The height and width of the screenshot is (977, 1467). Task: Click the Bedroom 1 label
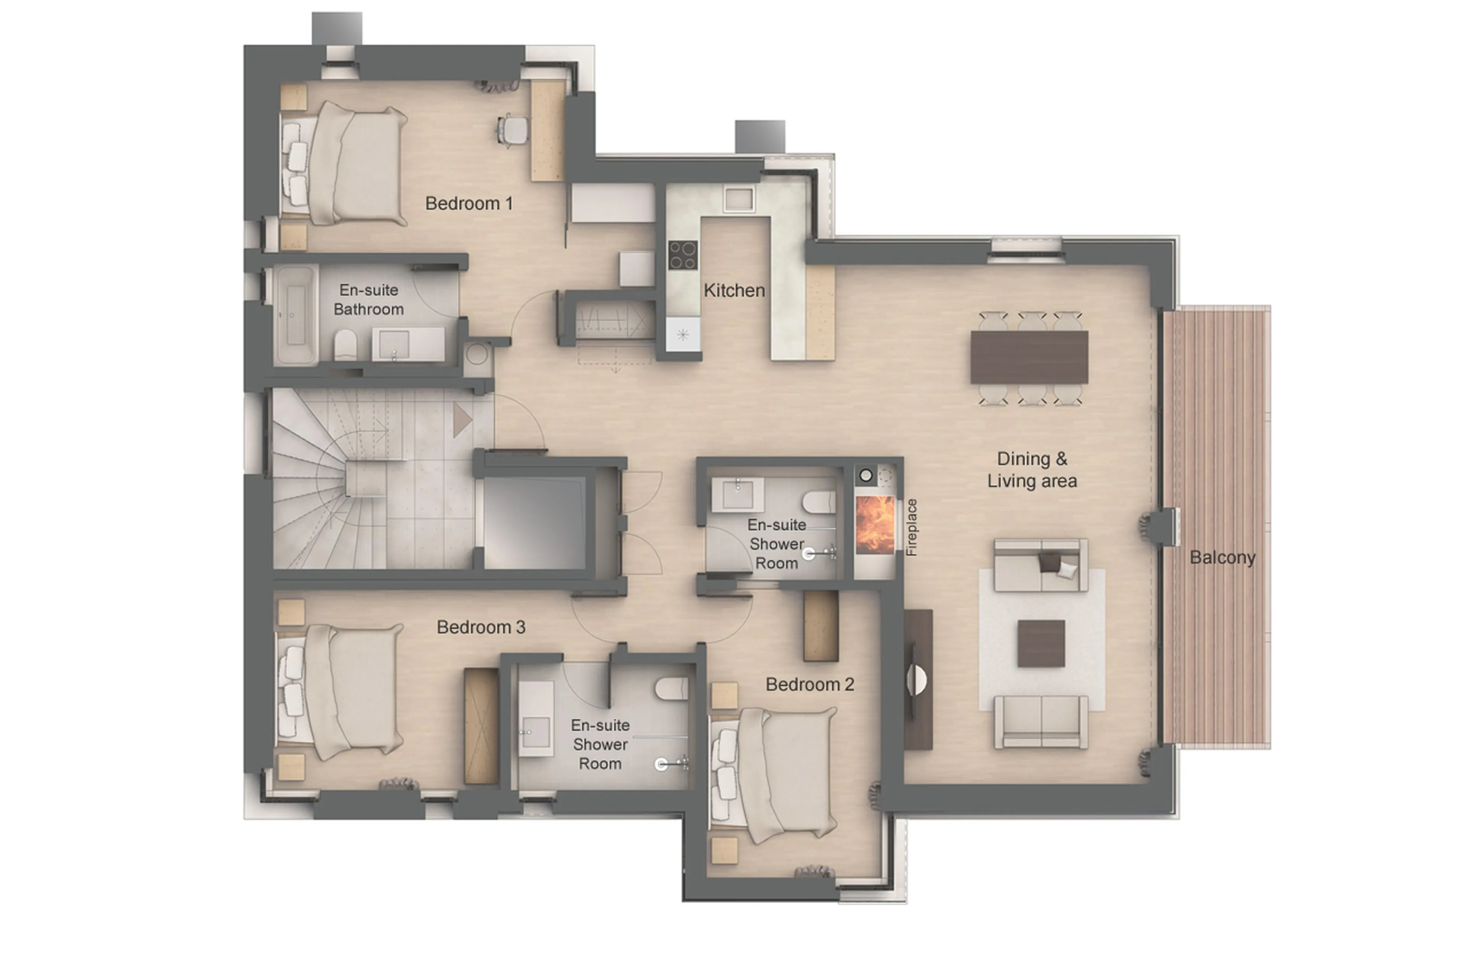click(x=468, y=203)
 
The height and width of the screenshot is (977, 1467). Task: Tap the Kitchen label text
click(x=734, y=291)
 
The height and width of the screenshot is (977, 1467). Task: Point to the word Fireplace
click(x=912, y=527)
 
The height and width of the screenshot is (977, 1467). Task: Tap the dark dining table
click(x=1029, y=357)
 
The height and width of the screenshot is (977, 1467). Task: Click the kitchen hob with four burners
click(x=682, y=255)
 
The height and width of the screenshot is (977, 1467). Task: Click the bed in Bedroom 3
click(x=352, y=692)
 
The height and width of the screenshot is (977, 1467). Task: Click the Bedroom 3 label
click(x=481, y=627)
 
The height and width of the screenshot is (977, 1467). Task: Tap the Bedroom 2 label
click(x=809, y=684)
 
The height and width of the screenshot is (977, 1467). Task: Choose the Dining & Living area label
click(x=1032, y=470)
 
